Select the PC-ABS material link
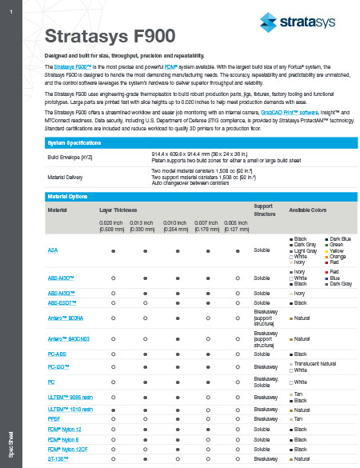56,354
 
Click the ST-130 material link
57,459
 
